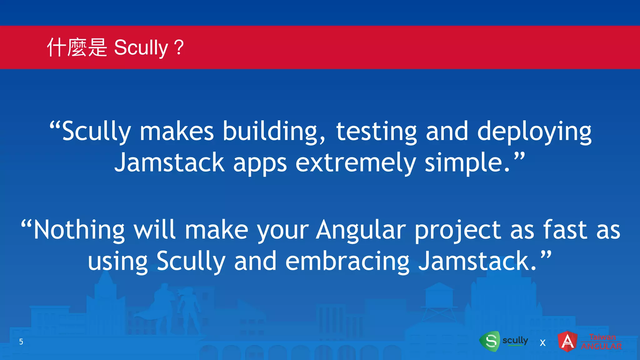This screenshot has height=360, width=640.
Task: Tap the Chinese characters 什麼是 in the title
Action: click(77, 47)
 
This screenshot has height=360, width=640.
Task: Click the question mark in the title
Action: click(179, 47)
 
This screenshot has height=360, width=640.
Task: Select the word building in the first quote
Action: click(274, 131)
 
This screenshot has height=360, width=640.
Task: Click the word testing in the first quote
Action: click(376, 131)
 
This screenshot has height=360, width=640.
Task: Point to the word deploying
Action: click(534, 131)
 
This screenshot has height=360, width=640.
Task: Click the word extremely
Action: click(356, 163)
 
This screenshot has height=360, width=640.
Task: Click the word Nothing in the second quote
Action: click(79, 230)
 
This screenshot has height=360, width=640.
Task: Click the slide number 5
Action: click(21, 342)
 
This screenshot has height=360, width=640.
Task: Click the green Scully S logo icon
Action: click(490, 341)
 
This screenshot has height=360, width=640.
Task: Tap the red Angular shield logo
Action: click(567, 341)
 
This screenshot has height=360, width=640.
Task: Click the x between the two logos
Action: click(542, 343)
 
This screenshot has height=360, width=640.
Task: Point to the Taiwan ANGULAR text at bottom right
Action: click(602, 342)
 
